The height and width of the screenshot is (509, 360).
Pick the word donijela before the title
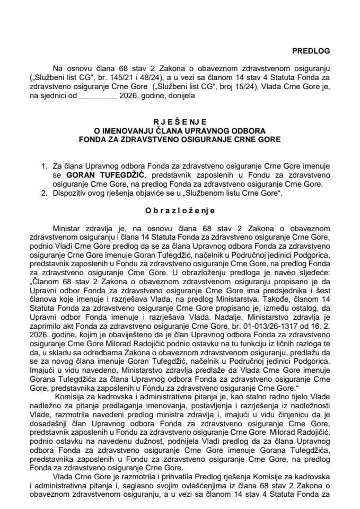click(180, 97)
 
